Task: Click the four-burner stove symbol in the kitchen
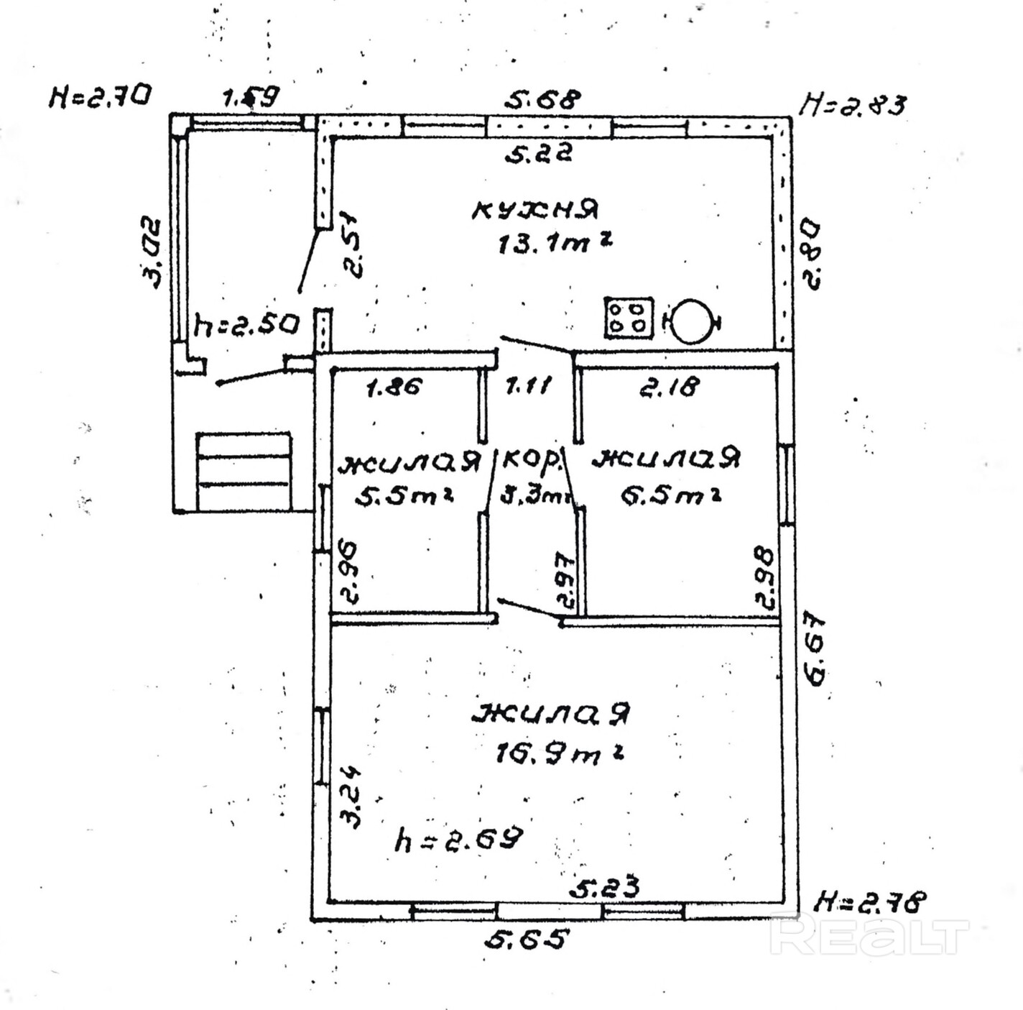tap(629, 317)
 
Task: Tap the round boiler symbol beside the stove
tap(691, 321)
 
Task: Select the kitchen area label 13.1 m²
tap(554, 244)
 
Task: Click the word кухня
tap(535, 209)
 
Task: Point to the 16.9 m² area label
tap(557, 753)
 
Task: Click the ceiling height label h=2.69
tap(458, 839)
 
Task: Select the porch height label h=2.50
tap(246, 326)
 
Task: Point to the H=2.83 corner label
tap(853, 104)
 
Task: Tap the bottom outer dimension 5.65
tap(527, 939)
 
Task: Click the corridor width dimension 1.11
tap(528, 387)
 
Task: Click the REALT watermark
tap(869, 934)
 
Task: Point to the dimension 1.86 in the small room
tap(393, 387)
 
